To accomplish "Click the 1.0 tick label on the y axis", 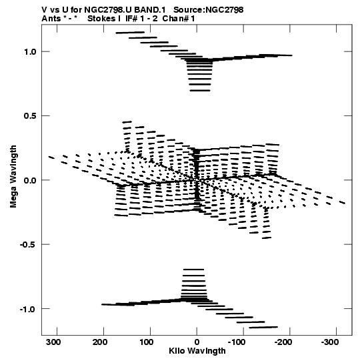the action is (30, 52).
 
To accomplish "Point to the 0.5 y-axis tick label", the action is (30, 116).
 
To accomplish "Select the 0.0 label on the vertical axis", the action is (30, 180).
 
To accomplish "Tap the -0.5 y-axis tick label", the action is (28, 244).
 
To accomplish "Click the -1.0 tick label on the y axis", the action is (28, 309).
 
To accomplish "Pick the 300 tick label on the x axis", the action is (53, 342).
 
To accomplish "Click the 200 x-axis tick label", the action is (100, 342).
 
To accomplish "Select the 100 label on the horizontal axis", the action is (146, 342).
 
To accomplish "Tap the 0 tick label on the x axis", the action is (197, 342).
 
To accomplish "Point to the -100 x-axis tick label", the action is (237, 342).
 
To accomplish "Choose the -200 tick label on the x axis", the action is (283, 342).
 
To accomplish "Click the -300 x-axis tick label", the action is (330, 342).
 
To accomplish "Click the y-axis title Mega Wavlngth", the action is (13, 177).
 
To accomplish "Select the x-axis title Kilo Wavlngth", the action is (197, 351).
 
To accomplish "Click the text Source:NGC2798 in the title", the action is (209, 10).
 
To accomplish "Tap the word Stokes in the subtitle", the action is (102, 19).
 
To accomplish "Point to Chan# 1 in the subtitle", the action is (179, 19).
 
